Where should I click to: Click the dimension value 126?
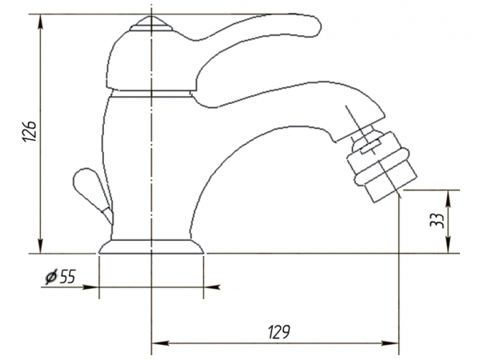[30, 131]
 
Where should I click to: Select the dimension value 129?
[279, 332]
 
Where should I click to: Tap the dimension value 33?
[437, 220]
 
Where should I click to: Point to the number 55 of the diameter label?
[67, 277]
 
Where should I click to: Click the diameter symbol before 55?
[51, 277]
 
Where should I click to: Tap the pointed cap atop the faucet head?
[151, 23]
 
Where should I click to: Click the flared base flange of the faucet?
[151, 246]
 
